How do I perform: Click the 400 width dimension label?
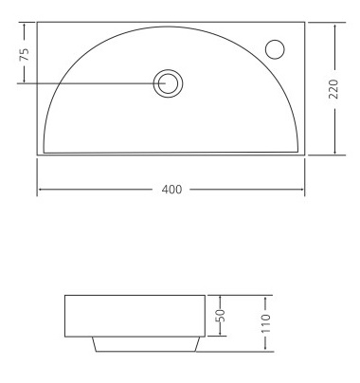pyautogui.click(x=171, y=190)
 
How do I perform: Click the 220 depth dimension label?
pyautogui.click(x=333, y=89)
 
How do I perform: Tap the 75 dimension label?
pyautogui.click(x=25, y=54)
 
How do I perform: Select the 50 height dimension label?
pyautogui.click(x=222, y=315)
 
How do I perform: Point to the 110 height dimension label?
pyautogui.click(x=266, y=323)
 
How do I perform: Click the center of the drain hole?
pyautogui.click(x=168, y=83)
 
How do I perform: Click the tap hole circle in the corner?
pyautogui.click(x=275, y=49)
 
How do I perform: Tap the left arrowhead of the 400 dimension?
pyautogui.click(x=40, y=190)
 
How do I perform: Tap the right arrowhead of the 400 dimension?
pyautogui.click(x=301, y=190)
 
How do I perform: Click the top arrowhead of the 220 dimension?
pyautogui.click(x=334, y=25)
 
